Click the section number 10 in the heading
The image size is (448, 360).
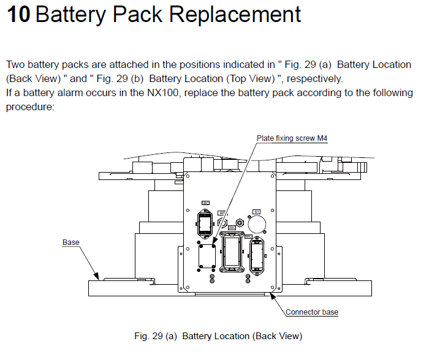point(18,14)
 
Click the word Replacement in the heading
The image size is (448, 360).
point(235,14)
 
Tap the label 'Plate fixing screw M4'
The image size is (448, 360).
point(292,138)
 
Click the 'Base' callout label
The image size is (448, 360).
point(71,242)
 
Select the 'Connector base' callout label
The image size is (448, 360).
point(312,312)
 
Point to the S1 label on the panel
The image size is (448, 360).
point(257,212)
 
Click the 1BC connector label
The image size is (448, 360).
point(205,203)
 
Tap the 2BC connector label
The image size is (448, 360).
point(232,227)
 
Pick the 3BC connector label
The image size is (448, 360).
point(249,235)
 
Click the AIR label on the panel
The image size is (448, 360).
point(222,212)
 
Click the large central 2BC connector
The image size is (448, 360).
point(232,251)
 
